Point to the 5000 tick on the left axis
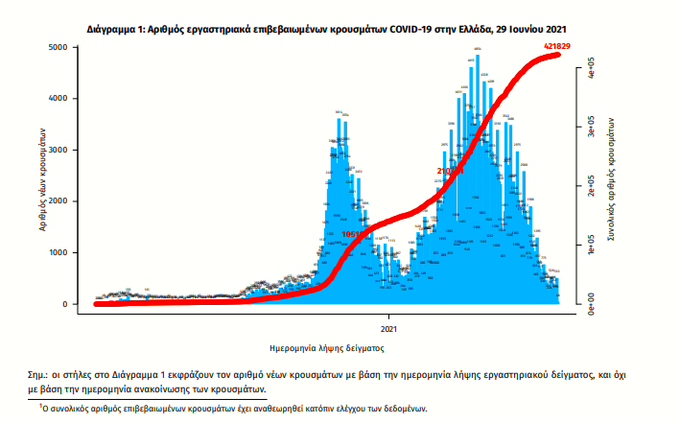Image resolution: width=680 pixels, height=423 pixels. pyautogui.click(x=58, y=47)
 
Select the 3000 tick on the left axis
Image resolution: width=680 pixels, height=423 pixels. pyautogui.click(x=58, y=151)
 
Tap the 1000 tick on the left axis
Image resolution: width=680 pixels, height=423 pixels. pyautogui.click(x=58, y=253)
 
